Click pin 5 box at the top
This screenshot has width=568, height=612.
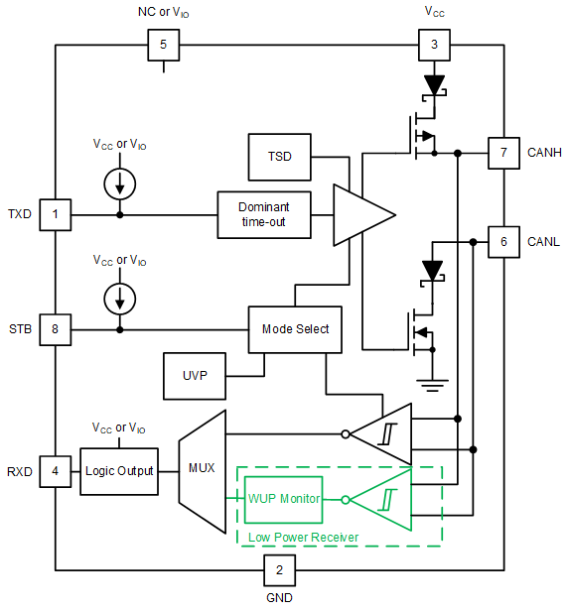click(x=164, y=46)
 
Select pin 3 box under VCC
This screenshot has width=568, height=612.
click(x=433, y=46)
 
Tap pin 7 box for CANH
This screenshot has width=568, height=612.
click(x=503, y=154)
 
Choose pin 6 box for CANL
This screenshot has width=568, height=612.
click(x=503, y=241)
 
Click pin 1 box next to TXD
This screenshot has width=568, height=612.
click(x=55, y=214)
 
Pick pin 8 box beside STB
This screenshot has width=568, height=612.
click(x=55, y=329)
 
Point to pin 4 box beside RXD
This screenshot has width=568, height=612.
click(x=55, y=471)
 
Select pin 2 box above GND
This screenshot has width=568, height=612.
click(x=279, y=569)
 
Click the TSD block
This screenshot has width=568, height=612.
click(x=280, y=157)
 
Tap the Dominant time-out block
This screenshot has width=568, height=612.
click(x=263, y=214)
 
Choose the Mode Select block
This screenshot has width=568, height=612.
click(x=295, y=329)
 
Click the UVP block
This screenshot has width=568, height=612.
click(x=195, y=376)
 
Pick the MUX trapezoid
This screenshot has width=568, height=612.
click(x=202, y=466)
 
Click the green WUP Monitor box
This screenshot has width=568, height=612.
click(x=285, y=499)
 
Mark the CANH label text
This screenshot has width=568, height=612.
click(x=544, y=154)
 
